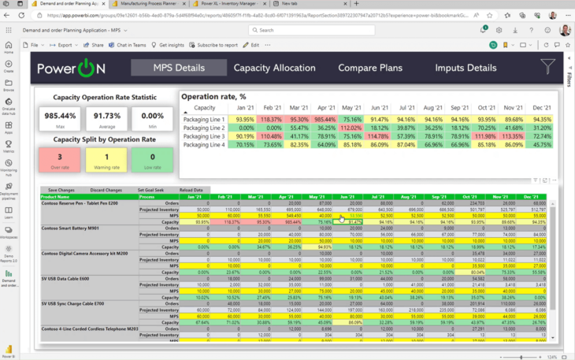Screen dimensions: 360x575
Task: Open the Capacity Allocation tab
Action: pyautogui.click(x=274, y=68)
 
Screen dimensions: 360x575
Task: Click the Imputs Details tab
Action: pyautogui.click(x=466, y=68)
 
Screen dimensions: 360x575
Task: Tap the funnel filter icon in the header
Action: pyautogui.click(x=547, y=67)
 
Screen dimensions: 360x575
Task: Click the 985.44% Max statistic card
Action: pyautogui.click(x=57, y=118)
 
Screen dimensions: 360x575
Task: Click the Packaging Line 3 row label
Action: pyautogui.click(x=204, y=136)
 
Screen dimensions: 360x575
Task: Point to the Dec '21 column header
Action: pyautogui.click(x=541, y=107)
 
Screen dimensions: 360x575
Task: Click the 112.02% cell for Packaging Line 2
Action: pyautogui.click(x=351, y=128)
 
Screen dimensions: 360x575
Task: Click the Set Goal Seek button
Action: pyautogui.click(x=150, y=190)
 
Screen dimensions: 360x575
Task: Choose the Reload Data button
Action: pyautogui.click(x=191, y=190)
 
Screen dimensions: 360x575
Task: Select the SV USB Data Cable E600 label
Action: pyautogui.click(x=65, y=278)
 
